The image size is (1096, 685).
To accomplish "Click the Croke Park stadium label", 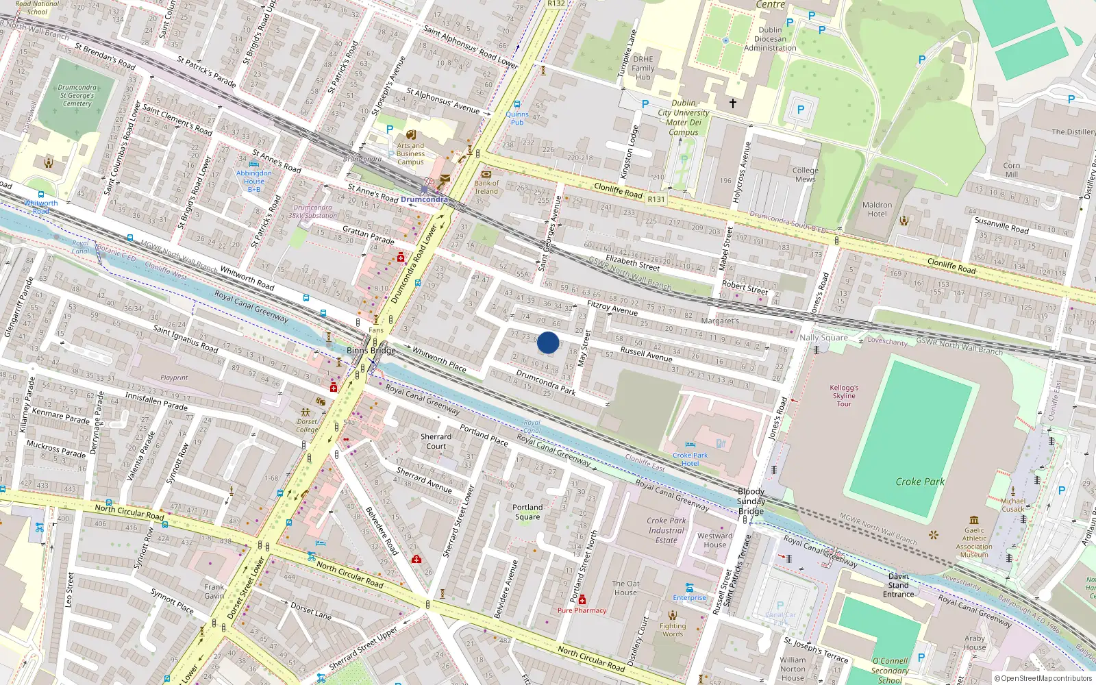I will click(x=919, y=482).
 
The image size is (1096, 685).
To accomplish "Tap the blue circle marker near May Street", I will click(x=548, y=342).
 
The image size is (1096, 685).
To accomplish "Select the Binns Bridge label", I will click(x=371, y=350).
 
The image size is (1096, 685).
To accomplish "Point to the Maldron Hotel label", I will click(x=877, y=209).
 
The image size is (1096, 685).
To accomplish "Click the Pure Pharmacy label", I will click(x=582, y=610).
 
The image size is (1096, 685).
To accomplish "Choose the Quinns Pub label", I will click(x=517, y=119).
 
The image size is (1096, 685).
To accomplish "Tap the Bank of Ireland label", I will click(x=486, y=187).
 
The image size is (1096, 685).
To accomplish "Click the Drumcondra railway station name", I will click(x=424, y=199).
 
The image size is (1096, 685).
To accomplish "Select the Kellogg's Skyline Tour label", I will click(x=844, y=395).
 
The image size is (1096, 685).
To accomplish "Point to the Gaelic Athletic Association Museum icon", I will click(x=974, y=521).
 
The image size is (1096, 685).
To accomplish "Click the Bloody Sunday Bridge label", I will click(x=751, y=501).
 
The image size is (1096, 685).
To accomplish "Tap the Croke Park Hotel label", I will click(x=690, y=459).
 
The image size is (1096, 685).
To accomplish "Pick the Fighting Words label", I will click(x=673, y=630).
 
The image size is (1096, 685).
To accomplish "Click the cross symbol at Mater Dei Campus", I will click(x=732, y=103).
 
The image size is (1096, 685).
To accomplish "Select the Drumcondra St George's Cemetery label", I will click(x=77, y=96).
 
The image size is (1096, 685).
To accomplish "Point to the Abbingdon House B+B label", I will click(x=253, y=181).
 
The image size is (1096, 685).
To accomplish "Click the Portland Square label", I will click(x=527, y=512).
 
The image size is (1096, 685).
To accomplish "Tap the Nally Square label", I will click(x=823, y=337).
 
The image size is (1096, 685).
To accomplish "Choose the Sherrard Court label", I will click(x=436, y=441).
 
